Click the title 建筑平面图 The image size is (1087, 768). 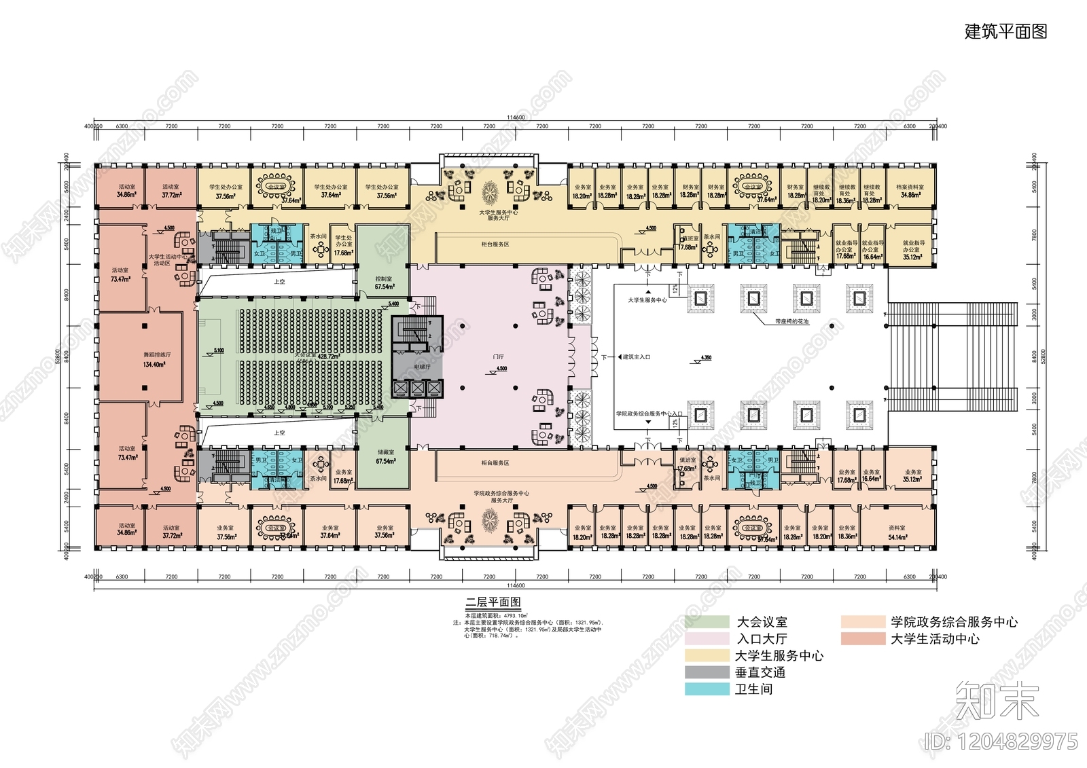pyautogui.click(x=1005, y=32)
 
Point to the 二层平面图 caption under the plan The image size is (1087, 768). pyautogui.click(x=493, y=602)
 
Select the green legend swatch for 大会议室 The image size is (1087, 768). pyautogui.click(x=707, y=621)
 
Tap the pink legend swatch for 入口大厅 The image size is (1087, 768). pyautogui.click(x=707, y=638)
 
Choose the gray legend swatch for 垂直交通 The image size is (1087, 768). pyautogui.click(x=707, y=672)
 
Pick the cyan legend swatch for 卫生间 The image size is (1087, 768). pyautogui.click(x=707, y=689)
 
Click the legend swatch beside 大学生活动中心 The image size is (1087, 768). pyautogui.click(x=863, y=639)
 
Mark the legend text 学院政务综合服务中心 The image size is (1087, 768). pyautogui.click(x=954, y=622)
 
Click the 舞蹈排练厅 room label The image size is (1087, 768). pyautogui.click(x=157, y=355)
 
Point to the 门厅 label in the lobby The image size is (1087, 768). pyautogui.click(x=499, y=356)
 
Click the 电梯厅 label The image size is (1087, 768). pyautogui.click(x=422, y=367)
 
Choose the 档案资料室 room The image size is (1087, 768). pyautogui.click(x=910, y=187)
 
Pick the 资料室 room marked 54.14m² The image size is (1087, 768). pyautogui.click(x=897, y=532)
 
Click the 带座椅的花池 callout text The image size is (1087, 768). pyautogui.click(x=791, y=322)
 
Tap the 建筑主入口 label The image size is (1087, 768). pyautogui.click(x=637, y=357)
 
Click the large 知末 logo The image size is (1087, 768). pyautogui.click(x=997, y=701)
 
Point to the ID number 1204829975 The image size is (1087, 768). pyautogui.click(x=1001, y=741)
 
